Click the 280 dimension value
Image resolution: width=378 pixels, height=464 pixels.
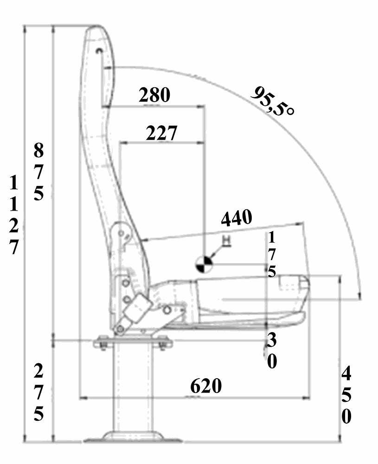[154, 95]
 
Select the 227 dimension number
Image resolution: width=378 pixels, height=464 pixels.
[161, 133]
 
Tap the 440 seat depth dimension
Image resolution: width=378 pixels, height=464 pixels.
[237, 218]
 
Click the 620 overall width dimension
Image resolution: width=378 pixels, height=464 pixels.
[206, 386]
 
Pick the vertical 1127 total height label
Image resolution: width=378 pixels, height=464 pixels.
[13, 215]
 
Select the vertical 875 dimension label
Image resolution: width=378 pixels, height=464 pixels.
[38, 172]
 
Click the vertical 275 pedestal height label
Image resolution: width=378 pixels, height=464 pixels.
[38, 393]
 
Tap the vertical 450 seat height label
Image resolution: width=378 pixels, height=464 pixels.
[346, 395]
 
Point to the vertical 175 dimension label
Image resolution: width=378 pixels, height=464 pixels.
[271, 254]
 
